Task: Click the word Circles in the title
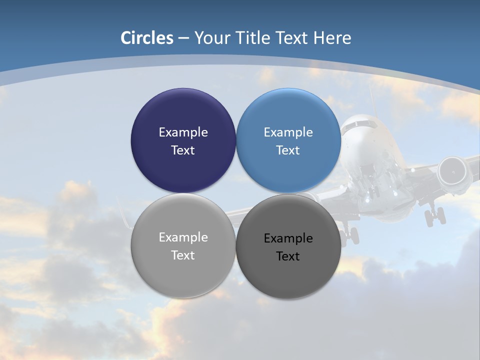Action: pyautogui.click(x=147, y=38)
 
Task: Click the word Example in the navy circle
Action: pyautogui.click(x=183, y=132)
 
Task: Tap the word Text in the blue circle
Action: pyautogui.click(x=288, y=150)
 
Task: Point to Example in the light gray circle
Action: pyautogui.click(x=183, y=237)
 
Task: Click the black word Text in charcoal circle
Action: pyautogui.click(x=288, y=256)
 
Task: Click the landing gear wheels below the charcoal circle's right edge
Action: pyautogui.click(x=350, y=234)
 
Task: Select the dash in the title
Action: pyautogui.click(x=183, y=38)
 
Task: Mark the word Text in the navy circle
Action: pyautogui.click(x=183, y=150)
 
